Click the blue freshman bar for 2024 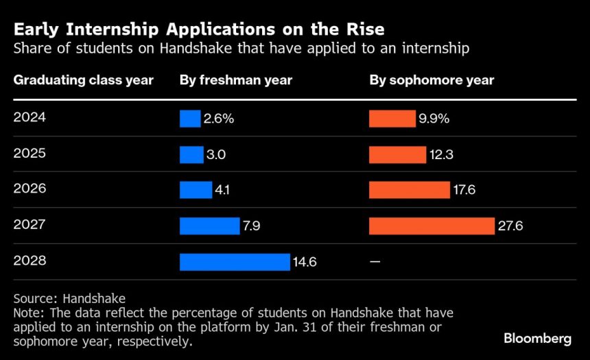click(190, 119)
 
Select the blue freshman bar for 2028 click(235, 262)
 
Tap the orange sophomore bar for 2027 click(432, 226)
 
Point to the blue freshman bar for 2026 click(196, 190)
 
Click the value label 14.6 click(305, 262)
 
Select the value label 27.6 click(510, 226)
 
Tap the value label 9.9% click(434, 119)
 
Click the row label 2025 click(29, 154)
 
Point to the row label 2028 click(29, 261)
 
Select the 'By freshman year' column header click(236, 80)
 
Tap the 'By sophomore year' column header click(432, 80)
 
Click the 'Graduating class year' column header click(83, 80)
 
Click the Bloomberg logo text click(537, 338)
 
